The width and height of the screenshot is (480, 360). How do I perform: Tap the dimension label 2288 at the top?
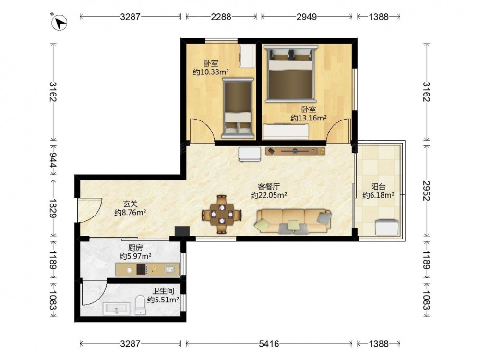pyautogui.click(x=221, y=16)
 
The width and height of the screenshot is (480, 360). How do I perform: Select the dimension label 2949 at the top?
pyautogui.click(x=306, y=16)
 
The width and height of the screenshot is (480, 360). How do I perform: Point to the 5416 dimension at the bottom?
pyautogui.click(x=269, y=344)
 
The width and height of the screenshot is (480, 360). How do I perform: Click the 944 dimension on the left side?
pyautogui.click(x=53, y=160)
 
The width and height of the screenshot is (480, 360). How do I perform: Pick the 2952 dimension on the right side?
pyautogui.click(x=426, y=191)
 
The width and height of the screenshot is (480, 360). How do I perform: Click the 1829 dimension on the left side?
pyautogui.click(x=53, y=208)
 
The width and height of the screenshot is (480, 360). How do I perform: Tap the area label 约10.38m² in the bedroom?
pyautogui.click(x=211, y=72)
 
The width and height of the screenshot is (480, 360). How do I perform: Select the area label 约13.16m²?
pyautogui.click(x=308, y=118)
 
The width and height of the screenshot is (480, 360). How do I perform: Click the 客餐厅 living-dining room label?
pyautogui.click(x=269, y=186)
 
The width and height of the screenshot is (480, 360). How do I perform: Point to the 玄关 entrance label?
pyautogui.click(x=130, y=204)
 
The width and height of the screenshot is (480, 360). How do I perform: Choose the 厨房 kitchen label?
pyautogui.click(x=135, y=248)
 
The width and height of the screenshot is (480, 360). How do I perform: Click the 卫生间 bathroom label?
pyautogui.click(x=163, y=291)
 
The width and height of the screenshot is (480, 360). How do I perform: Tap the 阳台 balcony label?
pyautogui.click(x=378, y=186)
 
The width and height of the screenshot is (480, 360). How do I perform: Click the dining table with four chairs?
pyautogui.click(x=222, y=214)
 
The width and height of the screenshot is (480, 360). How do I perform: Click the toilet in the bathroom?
pyautogui.click(x=141, y=305)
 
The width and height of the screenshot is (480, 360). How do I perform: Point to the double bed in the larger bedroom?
pyautogui.click(x=291, y=73)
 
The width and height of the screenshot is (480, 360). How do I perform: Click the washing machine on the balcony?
pyautogui.click(x=386, y=227)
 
